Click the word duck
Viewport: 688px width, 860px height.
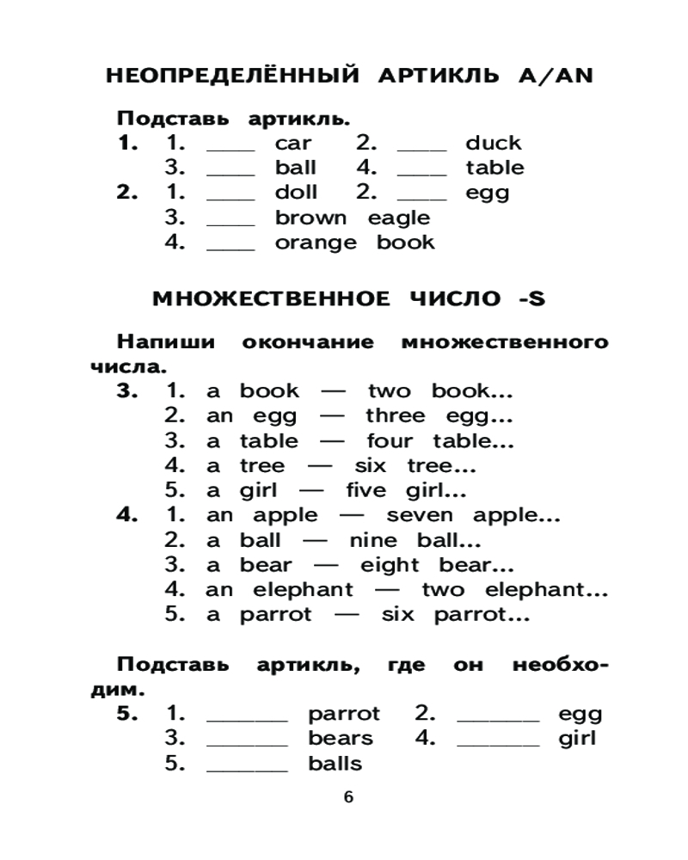coord(493,143)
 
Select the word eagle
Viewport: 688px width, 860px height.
coord(398,218)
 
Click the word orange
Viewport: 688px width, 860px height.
coord(315,243)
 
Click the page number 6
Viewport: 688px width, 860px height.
coord(348,796)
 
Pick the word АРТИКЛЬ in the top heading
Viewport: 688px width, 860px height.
coord(438,77)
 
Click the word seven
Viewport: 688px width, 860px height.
coord(418,516)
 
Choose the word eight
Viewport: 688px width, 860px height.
coord(390,566)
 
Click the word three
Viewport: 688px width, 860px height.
coord(395,416)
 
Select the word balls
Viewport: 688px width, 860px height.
coord(335,764)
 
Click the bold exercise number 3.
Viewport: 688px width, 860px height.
coord(126,391)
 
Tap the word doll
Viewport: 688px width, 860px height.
coord(296,193)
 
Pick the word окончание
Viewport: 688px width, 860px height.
coord(308,342)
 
